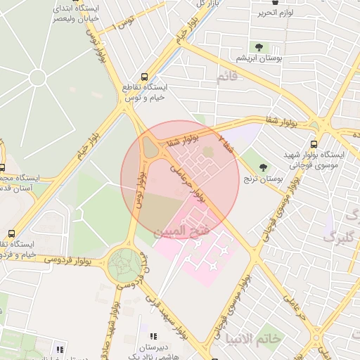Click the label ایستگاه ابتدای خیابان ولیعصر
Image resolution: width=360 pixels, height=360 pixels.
[x=78, y=13]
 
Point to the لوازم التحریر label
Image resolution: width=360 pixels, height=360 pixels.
[x=274, y=12]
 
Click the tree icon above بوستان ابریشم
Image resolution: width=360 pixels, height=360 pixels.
[x=259, y=47]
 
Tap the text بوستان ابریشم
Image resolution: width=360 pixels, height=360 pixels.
[x=259, y=59]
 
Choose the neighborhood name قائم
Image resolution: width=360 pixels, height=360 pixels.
[x=232, y=77]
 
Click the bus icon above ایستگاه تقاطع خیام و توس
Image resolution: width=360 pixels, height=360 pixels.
[x=144, y=76]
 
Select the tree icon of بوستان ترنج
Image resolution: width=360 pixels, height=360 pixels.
[x=264, y=167]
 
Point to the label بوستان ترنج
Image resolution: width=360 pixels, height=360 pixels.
[x=264, y=179]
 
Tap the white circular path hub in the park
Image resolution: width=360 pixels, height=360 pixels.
[x=37, y=78]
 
